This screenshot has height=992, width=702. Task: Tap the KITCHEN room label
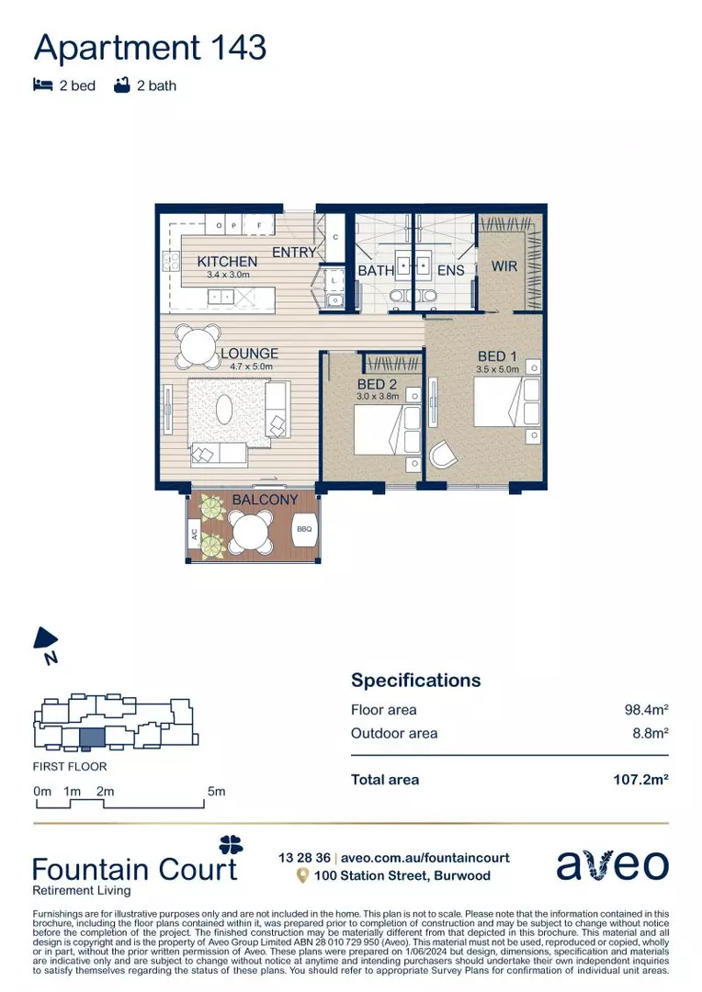click(227, 262)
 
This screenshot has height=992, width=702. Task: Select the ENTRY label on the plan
click(294, 252)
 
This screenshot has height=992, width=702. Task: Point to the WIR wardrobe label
click(504, 266)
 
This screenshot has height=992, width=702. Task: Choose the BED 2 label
click(378, 384)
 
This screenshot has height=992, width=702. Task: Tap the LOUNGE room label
click(249, 353)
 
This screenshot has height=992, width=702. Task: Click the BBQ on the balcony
click(304, 529)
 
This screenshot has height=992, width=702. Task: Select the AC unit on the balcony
click(195, 533)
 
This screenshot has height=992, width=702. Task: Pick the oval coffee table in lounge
click(224, 409)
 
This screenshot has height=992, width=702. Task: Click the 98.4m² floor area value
click(646, 710)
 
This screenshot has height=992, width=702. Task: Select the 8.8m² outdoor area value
click(650, 733)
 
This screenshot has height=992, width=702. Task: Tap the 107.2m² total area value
click(640, 780)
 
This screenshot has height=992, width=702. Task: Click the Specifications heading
click(415, 681)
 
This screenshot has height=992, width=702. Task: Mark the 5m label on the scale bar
click(216, 791)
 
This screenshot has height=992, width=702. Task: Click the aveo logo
click(613, 865)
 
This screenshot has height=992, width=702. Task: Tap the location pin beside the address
click(301, 876)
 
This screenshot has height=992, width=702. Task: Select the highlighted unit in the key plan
click(92, 736)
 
